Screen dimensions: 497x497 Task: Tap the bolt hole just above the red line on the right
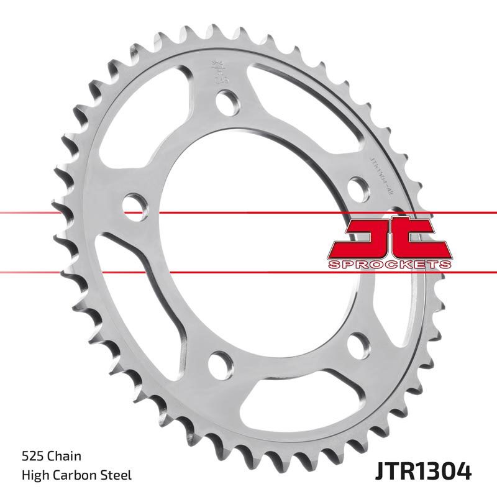357,186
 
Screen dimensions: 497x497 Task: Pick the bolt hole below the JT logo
359,344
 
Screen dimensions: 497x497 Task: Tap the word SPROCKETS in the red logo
388,265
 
